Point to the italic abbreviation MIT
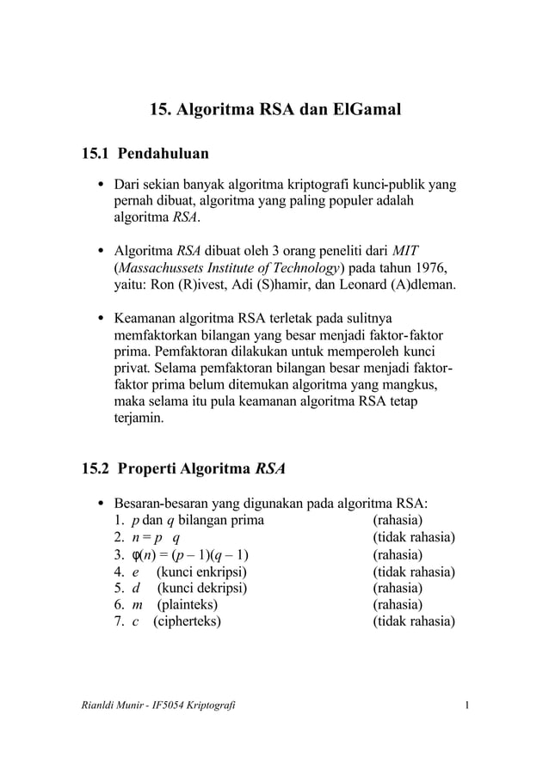(404, 251)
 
